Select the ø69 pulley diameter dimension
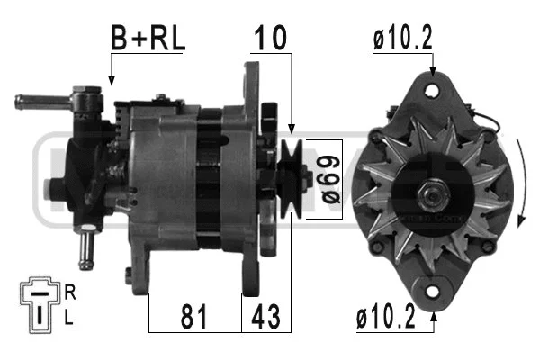point(329,179)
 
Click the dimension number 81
point(194,317)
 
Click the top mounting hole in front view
point(433,91)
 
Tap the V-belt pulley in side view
point(291,179)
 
